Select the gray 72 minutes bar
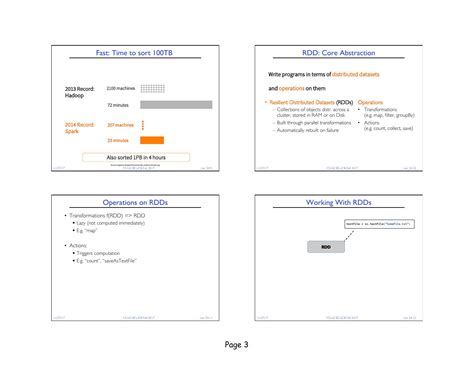[x=175, y=104]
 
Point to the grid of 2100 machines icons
[x=152, y=88]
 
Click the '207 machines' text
[x=118, y=125]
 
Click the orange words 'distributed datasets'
[x=351, y=76]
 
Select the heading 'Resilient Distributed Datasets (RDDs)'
[x=310, y=102]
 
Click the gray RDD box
[x=326, y=246]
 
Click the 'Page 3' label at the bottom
[x=237, y=345]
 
